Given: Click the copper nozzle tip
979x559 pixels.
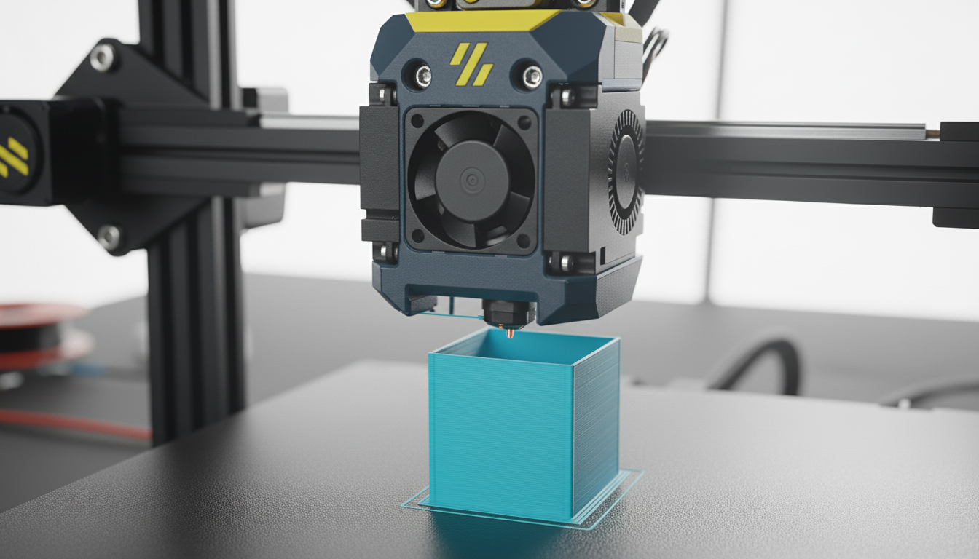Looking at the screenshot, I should pos(510,333).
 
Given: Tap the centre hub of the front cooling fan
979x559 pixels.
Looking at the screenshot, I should pos(471,179).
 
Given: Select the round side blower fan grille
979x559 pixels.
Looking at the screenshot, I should pos(626,172).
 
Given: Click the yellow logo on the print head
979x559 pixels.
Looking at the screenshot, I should pos(471,63).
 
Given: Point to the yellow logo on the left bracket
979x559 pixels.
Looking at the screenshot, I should pos(12,157).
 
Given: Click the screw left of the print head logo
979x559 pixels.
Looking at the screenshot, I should pos(422,75).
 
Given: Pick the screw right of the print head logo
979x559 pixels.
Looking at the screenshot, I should pos(531,75).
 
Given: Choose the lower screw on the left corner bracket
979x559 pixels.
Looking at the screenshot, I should pos(109,236).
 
